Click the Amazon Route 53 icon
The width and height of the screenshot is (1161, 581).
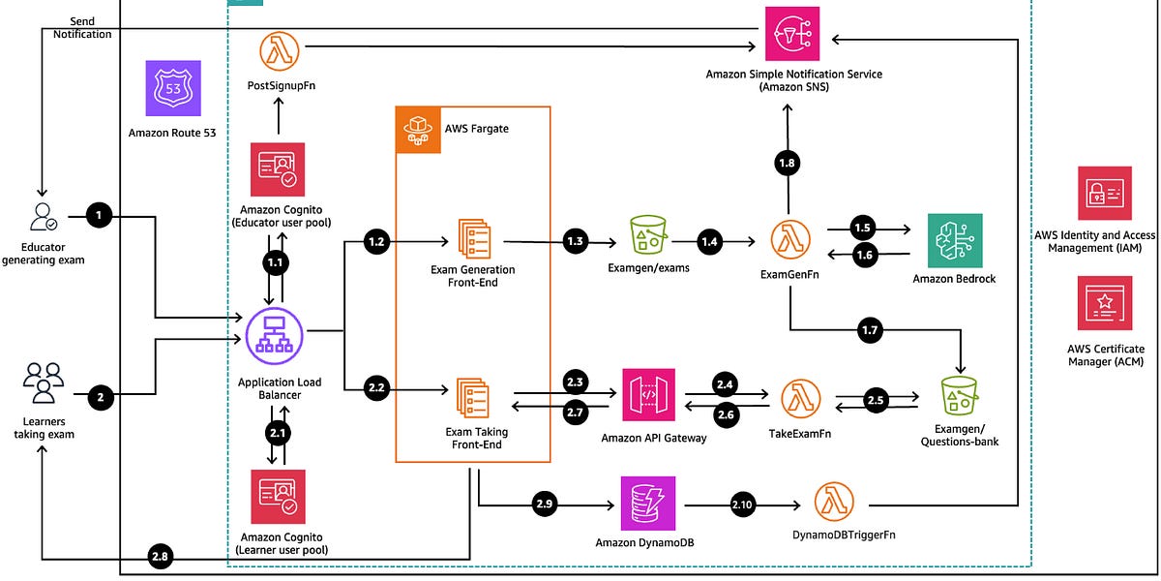[x=173, y=89]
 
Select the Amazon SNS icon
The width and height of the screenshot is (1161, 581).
[x=791, y=35]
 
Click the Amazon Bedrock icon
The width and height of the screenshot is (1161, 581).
[x=954, y=240]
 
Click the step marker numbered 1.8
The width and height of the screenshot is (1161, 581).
[x=789, y=164]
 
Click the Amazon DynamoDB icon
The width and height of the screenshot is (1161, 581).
[x=647, y=501]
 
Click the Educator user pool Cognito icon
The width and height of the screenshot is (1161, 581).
[x=278, y=170]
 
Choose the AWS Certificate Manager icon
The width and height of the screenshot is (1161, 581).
[x=1105, y=303]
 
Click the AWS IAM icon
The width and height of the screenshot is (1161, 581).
[x=1105, y=193]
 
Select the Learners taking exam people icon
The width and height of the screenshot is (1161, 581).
[x=44, y=382]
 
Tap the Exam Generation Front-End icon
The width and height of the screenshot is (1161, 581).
[x=473, y=239]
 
